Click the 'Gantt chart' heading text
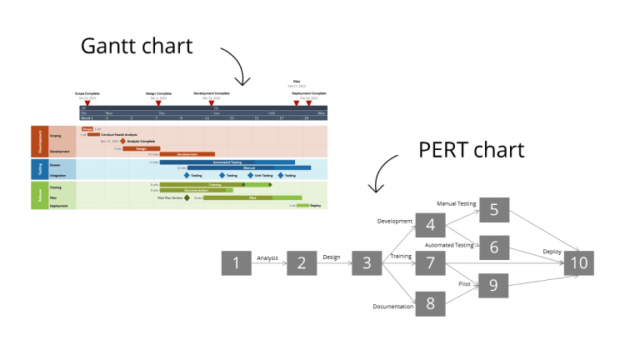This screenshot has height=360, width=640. pos(136,45)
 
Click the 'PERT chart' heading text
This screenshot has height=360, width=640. pos(471,149)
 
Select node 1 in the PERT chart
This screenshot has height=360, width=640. pos(236,263)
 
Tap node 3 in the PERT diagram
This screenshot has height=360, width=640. pos(366,263)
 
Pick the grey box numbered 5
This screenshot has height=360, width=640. pos(493,209)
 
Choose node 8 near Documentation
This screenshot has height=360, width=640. pos(430,302)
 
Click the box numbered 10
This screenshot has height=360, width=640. pos(578,263)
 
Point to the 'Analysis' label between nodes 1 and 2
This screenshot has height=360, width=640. pos(267,257)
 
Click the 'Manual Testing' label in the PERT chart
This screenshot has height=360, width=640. pos(455,202)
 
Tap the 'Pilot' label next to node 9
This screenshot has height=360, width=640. pos(464,283)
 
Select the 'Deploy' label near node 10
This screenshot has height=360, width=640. pos(552,251)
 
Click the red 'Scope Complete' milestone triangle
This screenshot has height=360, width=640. pos(87,103)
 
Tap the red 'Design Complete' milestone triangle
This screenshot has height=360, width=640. pos(158,103)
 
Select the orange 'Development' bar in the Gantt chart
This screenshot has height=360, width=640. pos(187,154)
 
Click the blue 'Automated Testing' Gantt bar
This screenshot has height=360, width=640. pos(227,162)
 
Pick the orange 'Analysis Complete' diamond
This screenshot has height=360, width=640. pos(123,141)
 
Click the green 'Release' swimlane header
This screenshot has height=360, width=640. pos(37,195)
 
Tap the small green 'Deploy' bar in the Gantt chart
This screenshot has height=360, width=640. pos(302,205)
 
